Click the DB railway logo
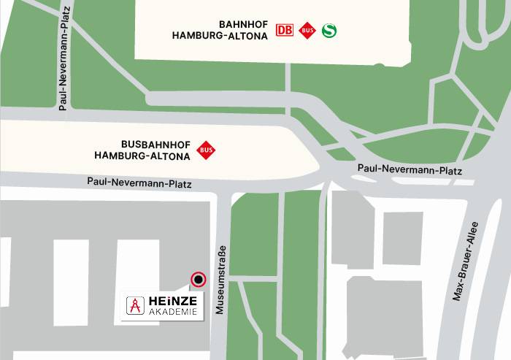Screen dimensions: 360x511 (x=285, y=31)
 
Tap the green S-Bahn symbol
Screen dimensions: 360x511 (x=331, y=31)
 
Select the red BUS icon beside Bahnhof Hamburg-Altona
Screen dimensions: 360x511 (x=307, y=31)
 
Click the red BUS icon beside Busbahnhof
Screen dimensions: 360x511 (x=207, y=150)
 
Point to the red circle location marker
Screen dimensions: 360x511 (x=197, y=279)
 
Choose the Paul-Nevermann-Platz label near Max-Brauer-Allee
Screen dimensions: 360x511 (x=410, y=169)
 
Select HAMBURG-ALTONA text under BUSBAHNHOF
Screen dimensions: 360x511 (x=142, y=156)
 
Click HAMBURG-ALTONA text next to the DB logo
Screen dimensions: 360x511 (x=221, y=35)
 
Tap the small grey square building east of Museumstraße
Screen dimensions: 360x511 (x=402, y=238)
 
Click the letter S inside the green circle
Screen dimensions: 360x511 (x=331, y=31)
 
